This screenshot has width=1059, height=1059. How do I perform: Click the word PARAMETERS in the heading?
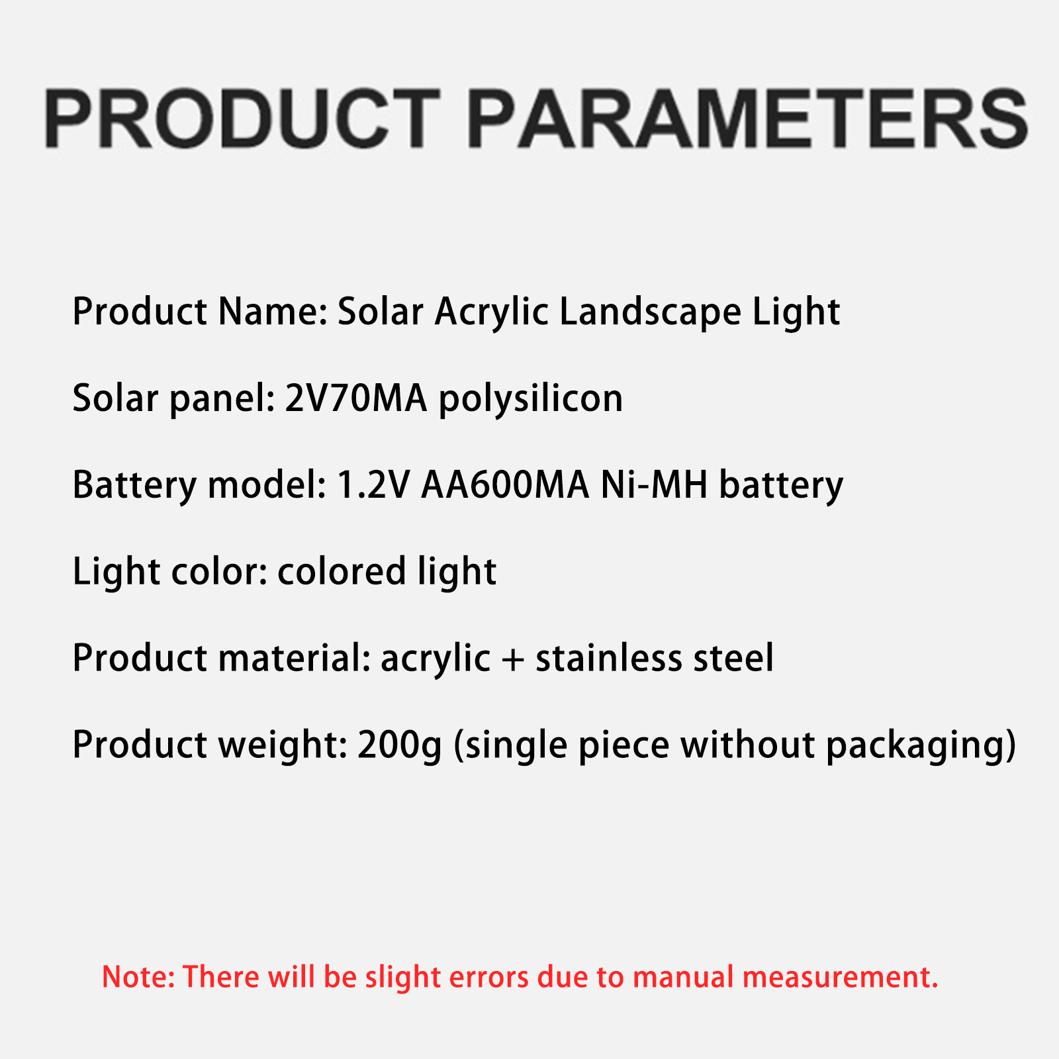pyautogui.click(x=748, y=118)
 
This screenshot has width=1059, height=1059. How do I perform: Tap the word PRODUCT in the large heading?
pyautogui.click(x=242, y=118)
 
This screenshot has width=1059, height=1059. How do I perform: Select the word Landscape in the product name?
pyautogui.click(x=651, y=312)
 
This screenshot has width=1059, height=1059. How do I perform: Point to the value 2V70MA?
pyautogui.click(x=356, y=398)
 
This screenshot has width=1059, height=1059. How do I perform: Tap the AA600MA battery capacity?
pyautogui.click(x=505, y=485)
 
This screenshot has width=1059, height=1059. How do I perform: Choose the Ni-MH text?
pyautogui.click(x=655, y=485)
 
